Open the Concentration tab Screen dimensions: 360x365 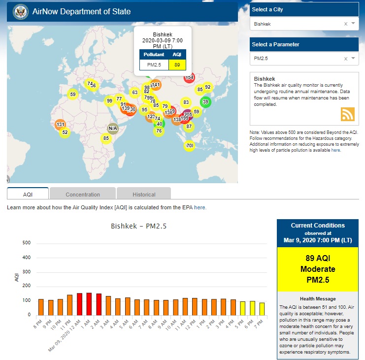83,195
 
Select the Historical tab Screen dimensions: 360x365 144,195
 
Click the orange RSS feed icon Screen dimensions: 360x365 348,114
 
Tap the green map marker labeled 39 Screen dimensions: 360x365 206,102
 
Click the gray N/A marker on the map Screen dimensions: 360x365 113,129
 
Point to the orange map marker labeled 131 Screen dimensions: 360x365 61,125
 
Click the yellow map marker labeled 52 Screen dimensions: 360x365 65,132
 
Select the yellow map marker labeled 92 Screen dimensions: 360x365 207,87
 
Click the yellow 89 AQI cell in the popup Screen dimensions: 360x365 177,65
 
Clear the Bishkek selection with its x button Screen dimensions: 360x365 345,24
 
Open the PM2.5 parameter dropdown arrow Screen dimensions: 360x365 353,59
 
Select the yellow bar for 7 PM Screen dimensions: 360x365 262,308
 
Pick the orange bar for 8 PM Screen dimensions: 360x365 41,307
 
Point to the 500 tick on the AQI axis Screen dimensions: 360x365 27,243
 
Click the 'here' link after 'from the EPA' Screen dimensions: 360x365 199,208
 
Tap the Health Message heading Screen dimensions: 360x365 318,299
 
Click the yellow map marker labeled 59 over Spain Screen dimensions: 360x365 73,95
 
